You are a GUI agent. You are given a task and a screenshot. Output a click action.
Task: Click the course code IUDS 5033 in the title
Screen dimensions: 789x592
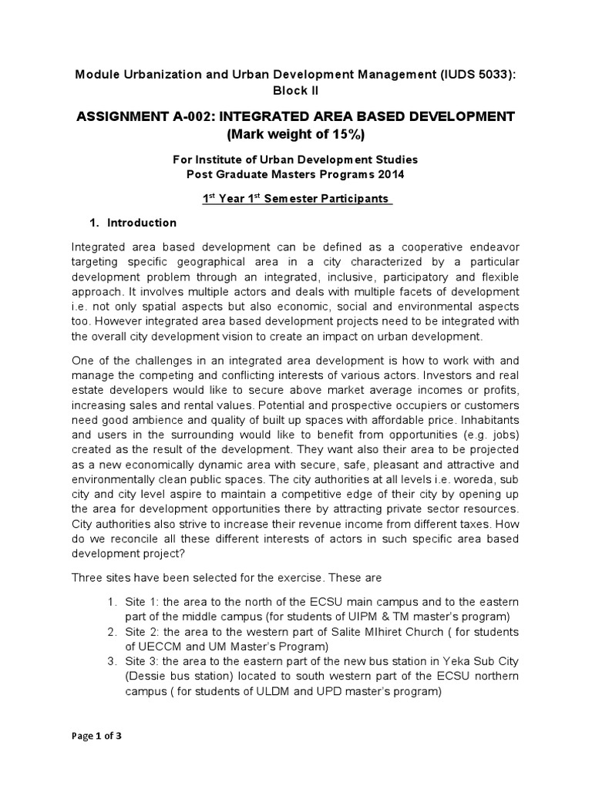(x=473, y=74)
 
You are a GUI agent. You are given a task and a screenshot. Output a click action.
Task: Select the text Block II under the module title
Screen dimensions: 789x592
(x=297, y=90)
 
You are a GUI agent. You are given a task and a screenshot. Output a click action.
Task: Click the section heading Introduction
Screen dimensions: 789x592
(x=142, y=223)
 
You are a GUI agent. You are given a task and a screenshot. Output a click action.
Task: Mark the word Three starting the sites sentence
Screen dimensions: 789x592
(x=89, y=577)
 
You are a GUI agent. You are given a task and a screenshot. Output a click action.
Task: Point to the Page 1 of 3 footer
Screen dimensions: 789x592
(x=96, y=736)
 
